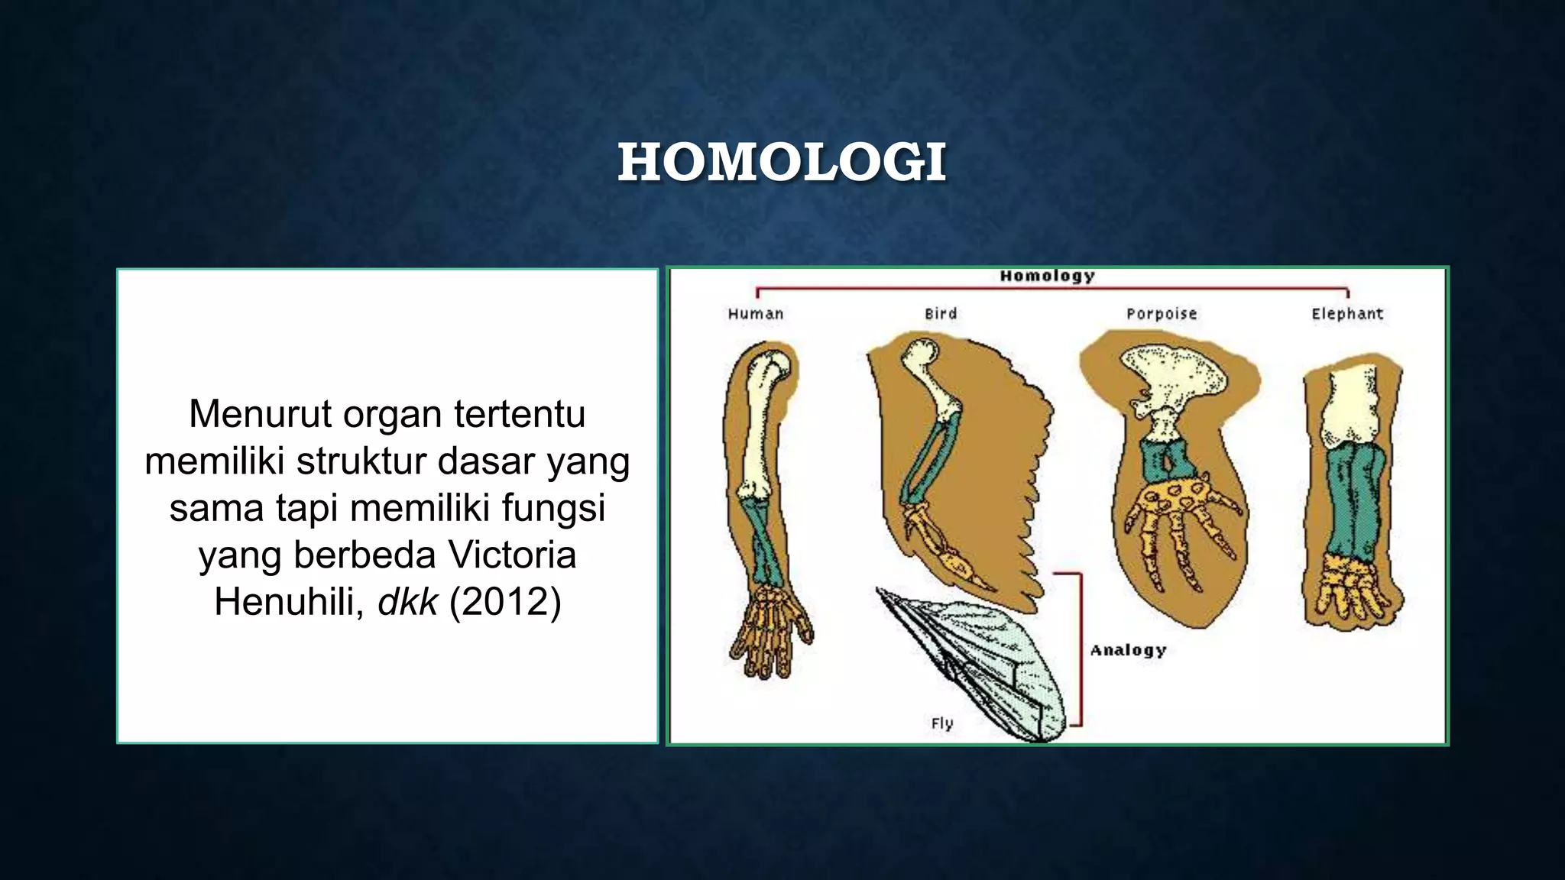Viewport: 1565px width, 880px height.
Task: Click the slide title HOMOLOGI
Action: [x=782, y=163]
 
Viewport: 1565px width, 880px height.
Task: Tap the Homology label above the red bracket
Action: [x=1047, y=276]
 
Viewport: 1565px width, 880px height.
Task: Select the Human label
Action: [x=755, y=314]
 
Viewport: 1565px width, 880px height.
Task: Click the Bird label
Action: [x=941, y=314]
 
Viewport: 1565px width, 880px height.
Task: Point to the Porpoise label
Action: [x=1162, y=314]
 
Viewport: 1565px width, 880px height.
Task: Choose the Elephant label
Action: [x=1347, y=314]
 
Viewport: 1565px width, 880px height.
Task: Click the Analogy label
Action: [x=1128, y=650]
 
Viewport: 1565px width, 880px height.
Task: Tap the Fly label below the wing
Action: [x=942, y=723]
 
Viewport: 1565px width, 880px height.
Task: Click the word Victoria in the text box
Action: [x=512, y=555]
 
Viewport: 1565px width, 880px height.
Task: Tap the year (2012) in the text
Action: [x=505, y=602]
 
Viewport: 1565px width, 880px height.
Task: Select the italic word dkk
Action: [x=408, y=602]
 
